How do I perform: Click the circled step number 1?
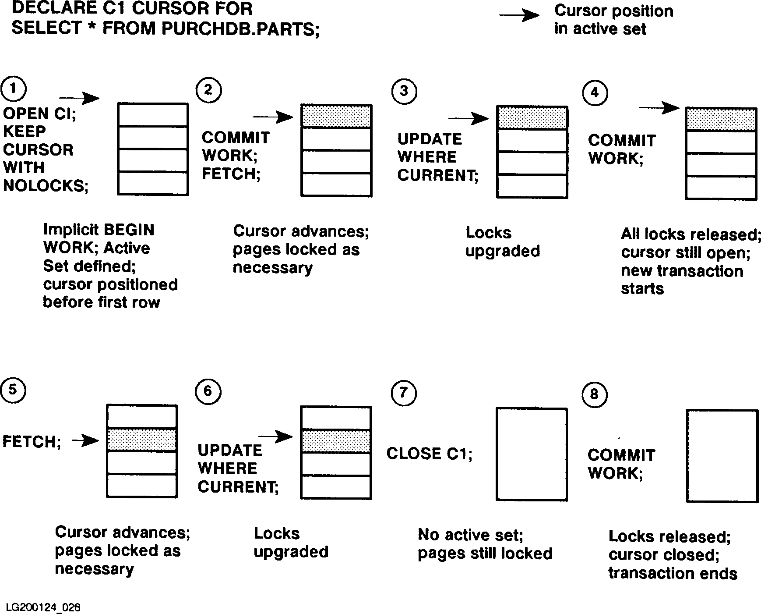click(14, 89)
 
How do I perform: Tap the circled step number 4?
click(595, 92)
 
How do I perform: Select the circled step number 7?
click(403, 393)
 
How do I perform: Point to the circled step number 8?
click(594, 394)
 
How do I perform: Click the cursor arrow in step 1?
click(79, 98)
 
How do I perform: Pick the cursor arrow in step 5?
click(85, 440)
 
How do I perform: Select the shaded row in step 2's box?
click(336, 117)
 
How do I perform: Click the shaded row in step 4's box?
click(721, 119)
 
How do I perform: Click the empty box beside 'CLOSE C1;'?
click(532, 454)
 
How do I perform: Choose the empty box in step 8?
click(722, 456)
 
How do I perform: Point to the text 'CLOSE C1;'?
click(429, 454)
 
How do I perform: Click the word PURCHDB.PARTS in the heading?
click(240, 28)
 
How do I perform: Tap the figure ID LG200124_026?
click(43, 607)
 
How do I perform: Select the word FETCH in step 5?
click(30, 441)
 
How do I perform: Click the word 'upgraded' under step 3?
click(503, 252)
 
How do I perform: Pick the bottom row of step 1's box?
click(153, 183)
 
